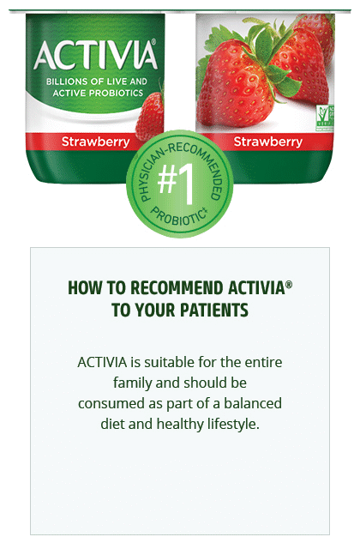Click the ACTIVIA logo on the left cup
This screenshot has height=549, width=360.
pyautogui.click(x=95, y=55)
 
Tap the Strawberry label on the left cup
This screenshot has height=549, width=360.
pyautogui.click(x=95, y=142)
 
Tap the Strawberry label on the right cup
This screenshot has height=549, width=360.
pyautogui.click(x=268, y=142)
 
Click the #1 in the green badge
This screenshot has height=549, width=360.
pyautogui.click(x=176, y=183)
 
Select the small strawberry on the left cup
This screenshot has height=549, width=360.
pyautogui.click(x=150, y=117)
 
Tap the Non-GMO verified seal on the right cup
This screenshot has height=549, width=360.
pyautogui.click(x=326, y=118)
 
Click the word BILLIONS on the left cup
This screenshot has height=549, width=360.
pyautogui.click(x=67, y=81)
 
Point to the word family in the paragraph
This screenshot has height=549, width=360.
pyautogui.click(x=132, y=383)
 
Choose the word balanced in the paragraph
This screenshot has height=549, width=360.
pyautogui.click(x=253, y=403)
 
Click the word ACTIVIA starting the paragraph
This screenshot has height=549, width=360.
pyautogui.click(x=102, y=362)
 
